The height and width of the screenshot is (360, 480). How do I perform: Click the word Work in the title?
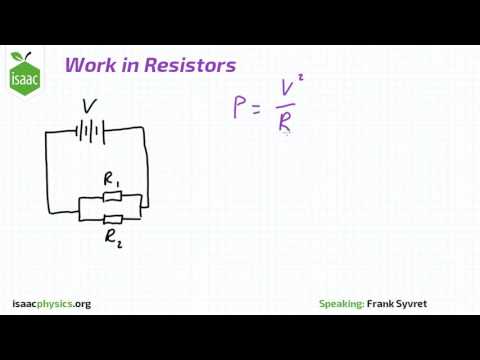point(88,66)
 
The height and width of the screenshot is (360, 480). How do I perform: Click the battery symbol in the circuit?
point(90,130)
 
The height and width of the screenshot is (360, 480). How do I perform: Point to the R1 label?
point(111,180)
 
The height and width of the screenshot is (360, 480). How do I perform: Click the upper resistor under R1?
point(111,198)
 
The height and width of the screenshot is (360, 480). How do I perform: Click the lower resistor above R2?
point(112,218)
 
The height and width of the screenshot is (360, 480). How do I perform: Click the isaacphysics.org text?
point(51,303)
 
